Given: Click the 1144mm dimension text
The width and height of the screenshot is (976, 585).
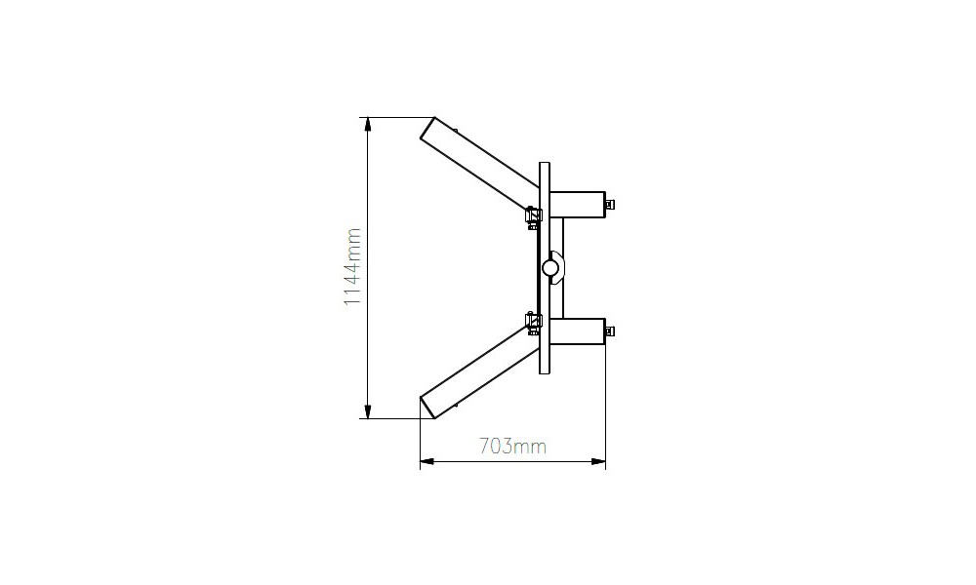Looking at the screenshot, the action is tap(352, 267).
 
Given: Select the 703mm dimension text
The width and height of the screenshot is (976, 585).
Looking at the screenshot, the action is tap(512, 447).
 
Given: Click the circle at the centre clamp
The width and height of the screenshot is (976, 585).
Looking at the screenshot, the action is tap(550, 267).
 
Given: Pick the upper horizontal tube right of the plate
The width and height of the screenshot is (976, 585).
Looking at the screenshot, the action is tap(578, 205).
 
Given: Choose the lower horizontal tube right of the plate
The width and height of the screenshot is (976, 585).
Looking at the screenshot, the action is tap(578, 331).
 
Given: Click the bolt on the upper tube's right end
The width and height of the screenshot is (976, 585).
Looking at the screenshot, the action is tap(611, 204).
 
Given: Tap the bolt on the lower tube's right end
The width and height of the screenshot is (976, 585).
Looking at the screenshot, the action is tap(611, 331).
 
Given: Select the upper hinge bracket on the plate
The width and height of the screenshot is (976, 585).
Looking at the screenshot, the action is tap(534, 216).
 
